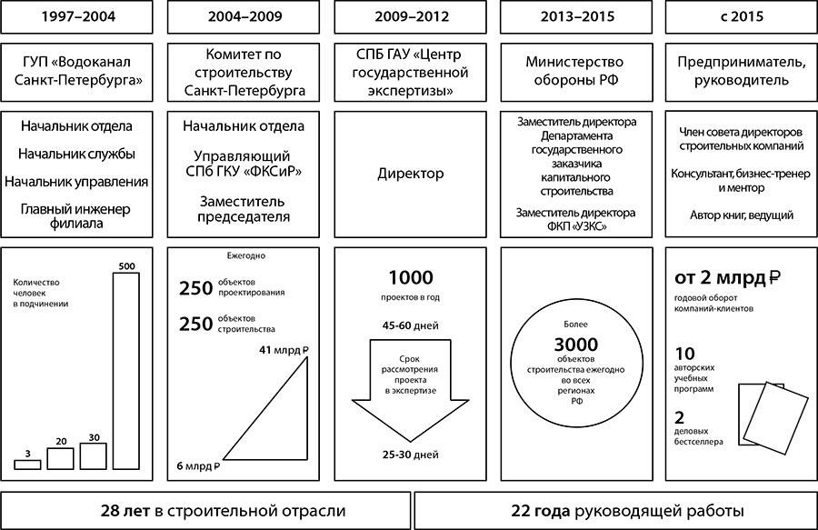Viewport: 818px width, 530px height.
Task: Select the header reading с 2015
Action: click(x=742, y=16)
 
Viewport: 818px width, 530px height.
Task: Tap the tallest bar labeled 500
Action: click(x=126, y=371)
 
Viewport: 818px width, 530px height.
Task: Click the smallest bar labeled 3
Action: click(x=27, y=465)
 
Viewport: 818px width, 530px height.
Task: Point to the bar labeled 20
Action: click(x=61, y=459)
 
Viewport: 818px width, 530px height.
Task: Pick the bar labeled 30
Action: click(x=94, y=456)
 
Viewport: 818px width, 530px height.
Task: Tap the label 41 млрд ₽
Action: click(x=284, y=350)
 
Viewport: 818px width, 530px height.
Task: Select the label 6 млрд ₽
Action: click(x=198, y=465)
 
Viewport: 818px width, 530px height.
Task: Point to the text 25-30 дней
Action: click(x=411, y=455)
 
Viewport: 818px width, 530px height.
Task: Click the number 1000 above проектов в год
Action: click(x=411, y=277)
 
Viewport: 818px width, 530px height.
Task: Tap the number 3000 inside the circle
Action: click(x=576, y=345)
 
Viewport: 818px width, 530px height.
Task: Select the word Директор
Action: click(x=411, y=174)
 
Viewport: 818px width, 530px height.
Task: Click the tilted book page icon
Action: click(x=776, y=418)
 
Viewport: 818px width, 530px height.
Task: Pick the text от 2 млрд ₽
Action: click(x=727, y=277)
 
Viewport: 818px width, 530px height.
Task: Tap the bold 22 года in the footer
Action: click(x=541, y=511)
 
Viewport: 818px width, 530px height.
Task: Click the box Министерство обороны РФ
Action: click(x=576, y=72)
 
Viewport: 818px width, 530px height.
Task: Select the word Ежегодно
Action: click(x=246, y=256)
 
